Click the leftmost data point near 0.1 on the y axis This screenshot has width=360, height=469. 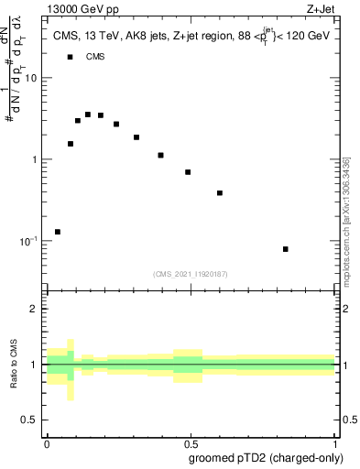point(58,232)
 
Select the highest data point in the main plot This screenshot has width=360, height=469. point(88,115)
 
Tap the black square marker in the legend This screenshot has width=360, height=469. point(70,57)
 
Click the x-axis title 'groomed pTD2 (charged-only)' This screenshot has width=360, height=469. point(267,457)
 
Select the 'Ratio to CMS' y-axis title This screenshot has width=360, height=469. point(16,365)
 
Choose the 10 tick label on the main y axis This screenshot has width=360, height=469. point(31,78)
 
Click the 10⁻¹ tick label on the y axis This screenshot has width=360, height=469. point(28,240)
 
